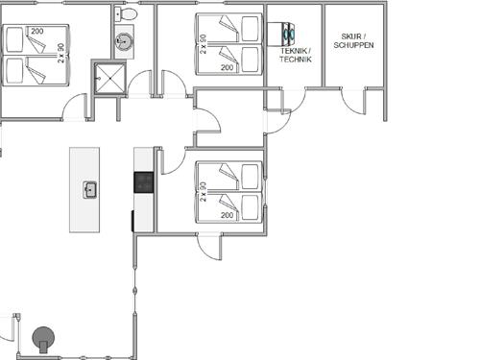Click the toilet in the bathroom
tap(126, 13)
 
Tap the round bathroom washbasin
tap(124, 40)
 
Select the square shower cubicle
tap(110, 79)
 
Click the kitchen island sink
tap(90, 190)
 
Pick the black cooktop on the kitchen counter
tap(144, 182)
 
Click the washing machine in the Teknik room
tap(280, 34)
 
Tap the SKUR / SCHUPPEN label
tap(353, 40)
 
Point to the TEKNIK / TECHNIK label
tap(296, 55)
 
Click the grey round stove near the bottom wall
tap(43, 339)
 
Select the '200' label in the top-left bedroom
tap(37, 32)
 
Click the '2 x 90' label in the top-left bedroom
tap(60, 53)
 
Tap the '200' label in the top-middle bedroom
tap(227, 67)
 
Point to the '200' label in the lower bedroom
tap(227, 215)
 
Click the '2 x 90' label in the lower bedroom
tap(203, 192)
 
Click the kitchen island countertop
tap(84, 190)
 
